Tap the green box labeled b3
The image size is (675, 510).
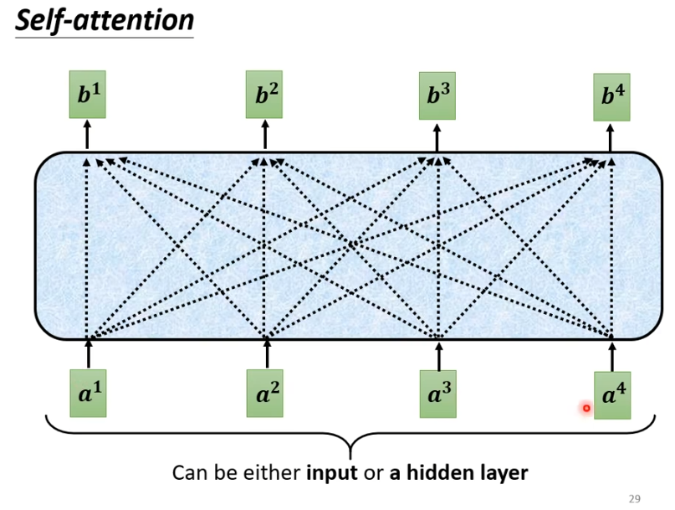[437, 95]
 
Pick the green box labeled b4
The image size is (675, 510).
[612, 96]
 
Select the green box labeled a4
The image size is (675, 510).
[613, 395]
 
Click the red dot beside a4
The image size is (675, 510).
[586, 409]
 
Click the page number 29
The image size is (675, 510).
[634, 499]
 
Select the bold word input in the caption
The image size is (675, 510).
[331, 473]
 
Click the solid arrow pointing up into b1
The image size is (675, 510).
[87, 136]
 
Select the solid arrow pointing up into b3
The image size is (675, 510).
[437, 137]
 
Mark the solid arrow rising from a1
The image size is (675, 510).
[88, 354]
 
